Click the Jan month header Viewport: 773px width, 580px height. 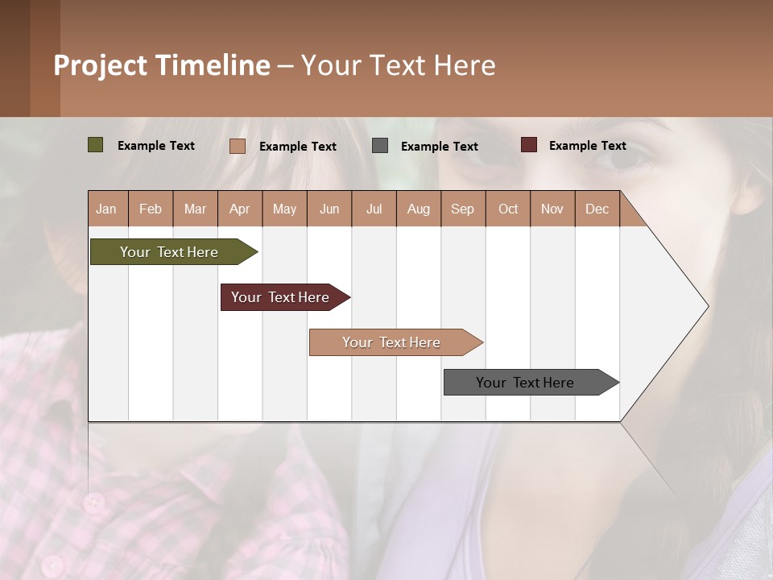coord(106,209)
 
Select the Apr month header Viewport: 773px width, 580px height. coord(239,209)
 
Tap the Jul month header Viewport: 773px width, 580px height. coord(374,209)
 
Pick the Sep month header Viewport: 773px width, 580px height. coord(462,209)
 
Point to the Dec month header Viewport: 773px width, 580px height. coord(597,209)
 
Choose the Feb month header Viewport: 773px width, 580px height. coord(151,209)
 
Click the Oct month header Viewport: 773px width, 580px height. coord(508,209)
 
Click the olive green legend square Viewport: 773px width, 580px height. coord(95,145)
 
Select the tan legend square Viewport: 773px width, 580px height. coord(237,146)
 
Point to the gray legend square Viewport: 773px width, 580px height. coord(380,146)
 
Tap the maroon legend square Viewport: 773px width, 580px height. coord(528,145)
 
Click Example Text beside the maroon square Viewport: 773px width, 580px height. coord(587,146)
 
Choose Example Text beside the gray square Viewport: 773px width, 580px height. coord(439,147)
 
